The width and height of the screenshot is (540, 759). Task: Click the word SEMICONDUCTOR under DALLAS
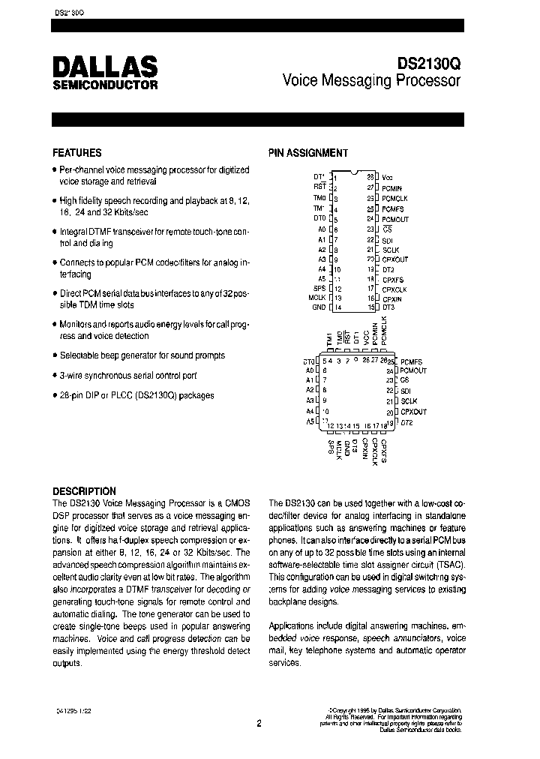[x=105, y=85]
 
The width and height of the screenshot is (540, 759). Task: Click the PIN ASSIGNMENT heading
[x=308, y=153]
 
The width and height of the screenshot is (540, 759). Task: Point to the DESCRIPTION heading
[x=84, y=491]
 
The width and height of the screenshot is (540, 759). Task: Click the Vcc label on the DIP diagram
[x=387, y=177]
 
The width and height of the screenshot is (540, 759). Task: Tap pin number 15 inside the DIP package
[x=370, y=307]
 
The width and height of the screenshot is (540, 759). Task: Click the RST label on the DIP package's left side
[x=319, y=187]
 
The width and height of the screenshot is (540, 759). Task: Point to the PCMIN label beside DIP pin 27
[x=392, y=187]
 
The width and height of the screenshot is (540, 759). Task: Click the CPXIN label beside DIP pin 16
[x=392, y=297]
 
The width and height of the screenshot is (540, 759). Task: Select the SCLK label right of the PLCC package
[x=409, y=401]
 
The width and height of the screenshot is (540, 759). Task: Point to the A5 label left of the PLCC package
[x=310, y=421]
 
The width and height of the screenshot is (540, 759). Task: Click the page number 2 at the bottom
[x=259, y=724]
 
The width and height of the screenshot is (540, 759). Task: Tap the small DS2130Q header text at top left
[x=70, y=13]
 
